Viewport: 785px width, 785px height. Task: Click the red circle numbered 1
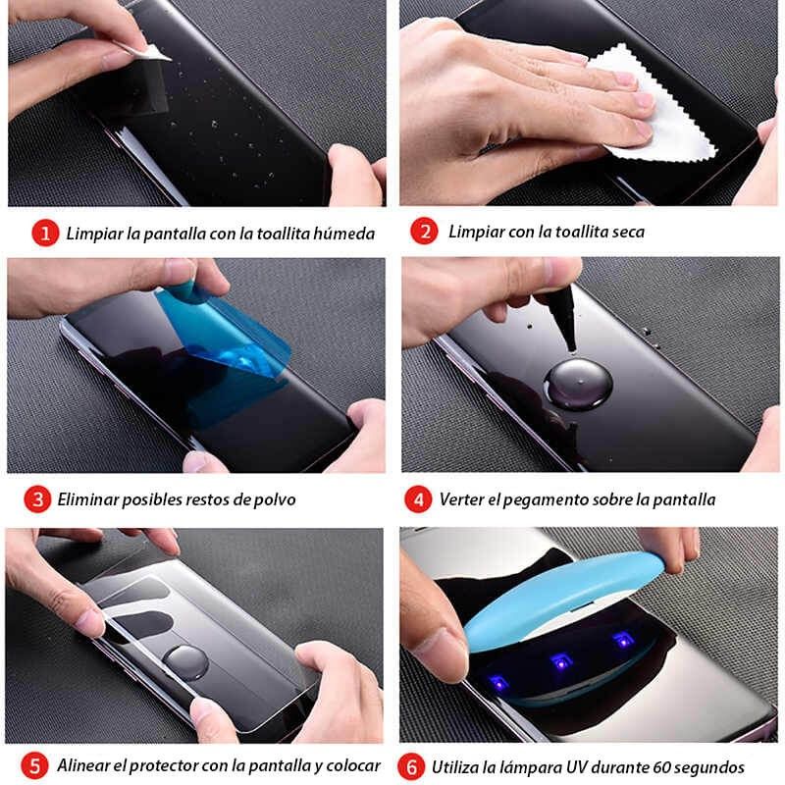click(44, 234)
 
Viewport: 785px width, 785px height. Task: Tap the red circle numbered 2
click(423, 233)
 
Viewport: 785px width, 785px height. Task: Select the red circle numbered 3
click(37, 498)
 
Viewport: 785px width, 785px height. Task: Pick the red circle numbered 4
click(418, 498)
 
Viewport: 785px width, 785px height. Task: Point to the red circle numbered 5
click(35, 765)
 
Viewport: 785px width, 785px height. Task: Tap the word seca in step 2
click(624, 233)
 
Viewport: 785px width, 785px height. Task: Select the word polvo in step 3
click(274, 499)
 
